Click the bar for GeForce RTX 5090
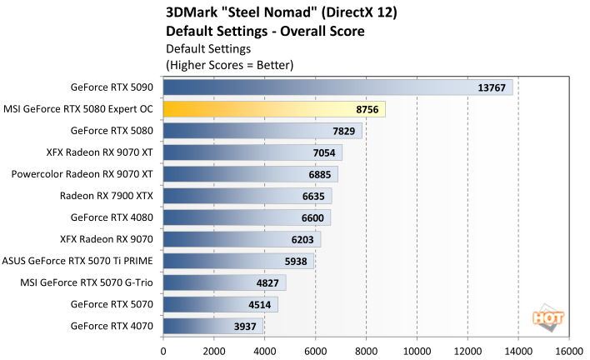point(337,87)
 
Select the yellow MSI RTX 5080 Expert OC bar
point(274,109)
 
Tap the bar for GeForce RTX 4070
point(213,326)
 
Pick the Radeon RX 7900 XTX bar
point(247,196)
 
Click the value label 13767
point(492,87)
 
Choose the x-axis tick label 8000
point(366,350)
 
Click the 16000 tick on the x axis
point(569,350)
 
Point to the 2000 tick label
point(214,350)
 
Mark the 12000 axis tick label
point(467,350)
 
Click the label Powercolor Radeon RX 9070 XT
point(82,174)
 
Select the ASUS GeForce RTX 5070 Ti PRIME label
point(78,261)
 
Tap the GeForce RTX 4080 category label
point(112,217)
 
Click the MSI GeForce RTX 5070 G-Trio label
point(87,282)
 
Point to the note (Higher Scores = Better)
point(230,64)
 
